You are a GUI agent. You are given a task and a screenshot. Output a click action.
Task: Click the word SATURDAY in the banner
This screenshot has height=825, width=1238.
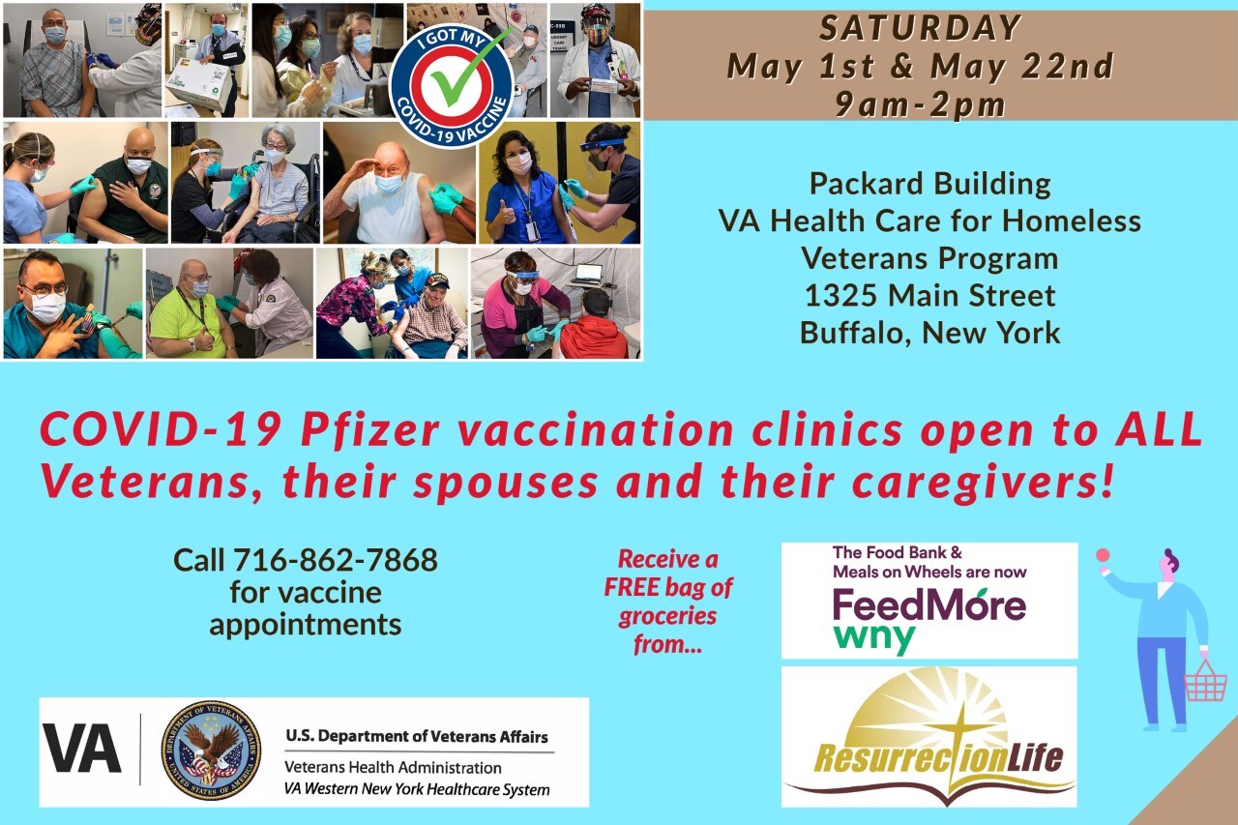(x=920, y=28)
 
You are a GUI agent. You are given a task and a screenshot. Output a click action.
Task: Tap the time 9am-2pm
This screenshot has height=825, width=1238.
(x=920, y=104)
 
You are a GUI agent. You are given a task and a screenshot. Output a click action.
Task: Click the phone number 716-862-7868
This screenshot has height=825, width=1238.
(x=335, y=560)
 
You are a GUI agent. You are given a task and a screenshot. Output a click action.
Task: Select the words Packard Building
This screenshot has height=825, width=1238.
(x=930, y=184)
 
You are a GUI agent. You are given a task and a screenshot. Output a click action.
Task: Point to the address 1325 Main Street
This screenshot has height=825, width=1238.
(x=930, y=295)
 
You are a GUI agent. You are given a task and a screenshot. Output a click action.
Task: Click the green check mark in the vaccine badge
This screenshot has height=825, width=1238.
(x=466, y=69)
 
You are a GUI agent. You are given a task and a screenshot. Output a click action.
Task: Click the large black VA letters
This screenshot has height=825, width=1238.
(x=82, y=750)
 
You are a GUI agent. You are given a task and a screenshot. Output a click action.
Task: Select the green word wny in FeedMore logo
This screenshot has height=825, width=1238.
(x=873, y=638)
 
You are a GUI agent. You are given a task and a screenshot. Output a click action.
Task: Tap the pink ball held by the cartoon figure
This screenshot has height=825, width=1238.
(x=1104, y=554)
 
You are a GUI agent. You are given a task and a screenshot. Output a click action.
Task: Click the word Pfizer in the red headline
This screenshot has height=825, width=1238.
(x=370, y=429)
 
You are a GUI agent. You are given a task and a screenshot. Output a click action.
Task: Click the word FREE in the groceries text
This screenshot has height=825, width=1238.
(x=633, y=587)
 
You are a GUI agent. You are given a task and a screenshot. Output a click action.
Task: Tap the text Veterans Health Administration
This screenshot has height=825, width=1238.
(x=393, y=768)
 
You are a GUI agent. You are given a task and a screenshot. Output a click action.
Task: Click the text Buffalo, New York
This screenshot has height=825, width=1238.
(x=930, y=333)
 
